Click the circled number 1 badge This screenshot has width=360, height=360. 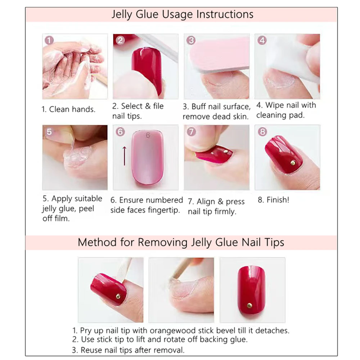pos(49,40)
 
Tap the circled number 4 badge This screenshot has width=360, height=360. pos(262,40)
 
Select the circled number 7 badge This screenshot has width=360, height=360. pos(191,132)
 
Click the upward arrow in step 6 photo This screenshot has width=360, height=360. pos(125,156)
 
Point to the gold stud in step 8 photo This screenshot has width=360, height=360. pos(293,163)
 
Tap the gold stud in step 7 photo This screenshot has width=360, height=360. pos(225,152)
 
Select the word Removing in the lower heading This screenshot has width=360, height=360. pos(163,242)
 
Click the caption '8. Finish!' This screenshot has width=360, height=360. pos(273,200)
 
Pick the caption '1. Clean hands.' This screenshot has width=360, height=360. pos(68,109)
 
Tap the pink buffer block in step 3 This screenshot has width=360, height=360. pos(219,54)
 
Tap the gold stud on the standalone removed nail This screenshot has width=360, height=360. pos(249,305)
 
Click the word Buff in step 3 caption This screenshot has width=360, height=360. pos(199,107)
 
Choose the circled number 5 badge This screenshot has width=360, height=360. pos(49,132)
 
